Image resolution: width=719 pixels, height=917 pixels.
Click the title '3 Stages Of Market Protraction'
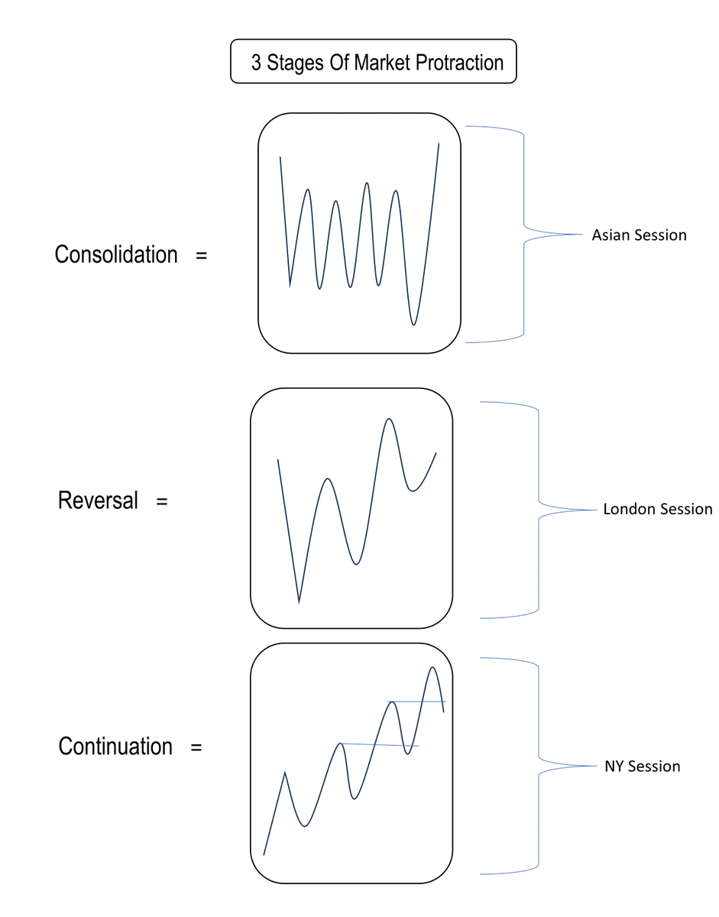[374, 63]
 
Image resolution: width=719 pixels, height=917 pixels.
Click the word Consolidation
[116, 254]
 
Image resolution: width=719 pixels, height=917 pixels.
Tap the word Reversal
[99, 501]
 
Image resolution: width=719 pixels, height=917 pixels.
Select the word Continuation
[115, 746]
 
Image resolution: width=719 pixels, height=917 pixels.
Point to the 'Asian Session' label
[639, 235]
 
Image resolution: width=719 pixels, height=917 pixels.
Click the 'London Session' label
[657, 509]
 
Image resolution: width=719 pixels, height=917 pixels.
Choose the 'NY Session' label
[642, 766]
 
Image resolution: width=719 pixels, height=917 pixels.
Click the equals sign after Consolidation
[201, 255]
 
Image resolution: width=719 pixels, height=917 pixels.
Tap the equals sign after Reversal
[161, 502]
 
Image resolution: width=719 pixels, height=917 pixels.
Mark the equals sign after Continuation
[196, 747]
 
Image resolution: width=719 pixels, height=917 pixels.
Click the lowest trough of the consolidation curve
[413, 325]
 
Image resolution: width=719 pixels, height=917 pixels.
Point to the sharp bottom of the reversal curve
[299, 602]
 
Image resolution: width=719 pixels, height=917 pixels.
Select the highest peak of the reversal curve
[390, 419]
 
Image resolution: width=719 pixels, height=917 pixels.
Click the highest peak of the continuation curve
[432, 667]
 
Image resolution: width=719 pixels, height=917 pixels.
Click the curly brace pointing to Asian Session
[524, 233]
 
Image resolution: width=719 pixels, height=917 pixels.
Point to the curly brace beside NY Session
[539, 765]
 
